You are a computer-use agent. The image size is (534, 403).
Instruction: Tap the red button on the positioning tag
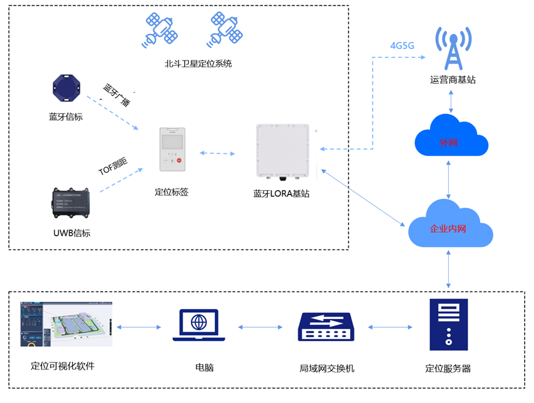[180, 161]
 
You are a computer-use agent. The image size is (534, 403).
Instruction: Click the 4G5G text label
[402, 45]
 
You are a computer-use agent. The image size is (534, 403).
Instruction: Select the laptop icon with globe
[199, 326]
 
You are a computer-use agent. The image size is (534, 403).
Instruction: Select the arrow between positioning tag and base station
[217, 153]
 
